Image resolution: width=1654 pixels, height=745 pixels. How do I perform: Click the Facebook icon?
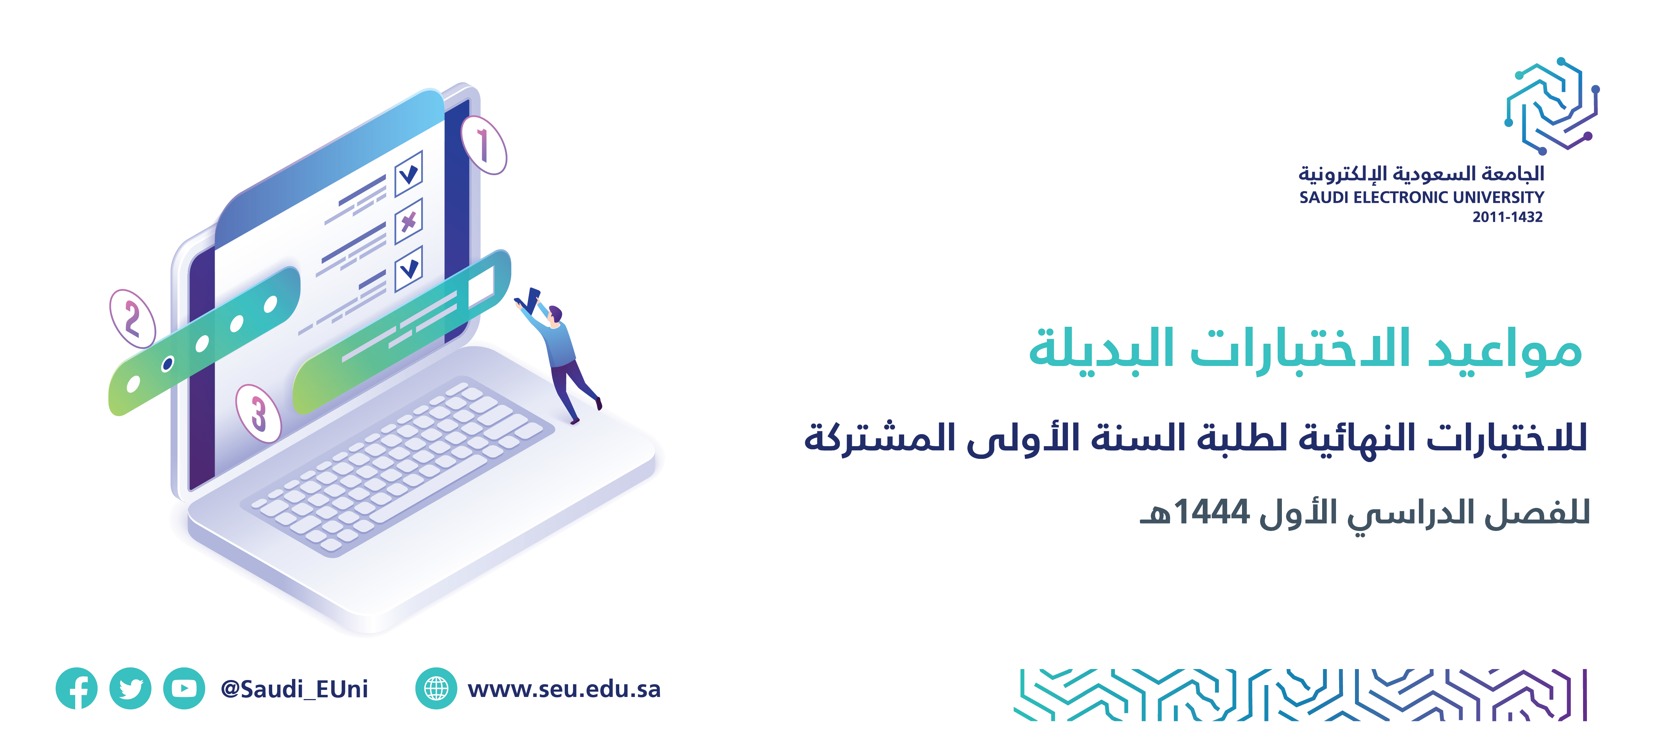click(x=76, y=688)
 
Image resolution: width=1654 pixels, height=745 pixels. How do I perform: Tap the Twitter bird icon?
click(x=130, y=688)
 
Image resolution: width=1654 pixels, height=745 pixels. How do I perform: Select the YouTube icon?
click(x=184, y=688)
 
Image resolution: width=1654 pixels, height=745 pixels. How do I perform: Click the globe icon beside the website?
click(x=436, y=688)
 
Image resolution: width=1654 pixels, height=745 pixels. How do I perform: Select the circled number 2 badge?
click(x=132, y=319)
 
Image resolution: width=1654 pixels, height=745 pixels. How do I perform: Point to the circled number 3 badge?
click(x=258, y=413)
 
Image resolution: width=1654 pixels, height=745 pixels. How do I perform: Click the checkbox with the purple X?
click(x=408, y=221)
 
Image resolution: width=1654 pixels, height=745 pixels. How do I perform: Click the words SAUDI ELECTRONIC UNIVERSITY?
click(x=1422, y=197)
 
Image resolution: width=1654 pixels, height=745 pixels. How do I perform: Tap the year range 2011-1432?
click(x=1507, y=217)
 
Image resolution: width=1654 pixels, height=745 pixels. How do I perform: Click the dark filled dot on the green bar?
click(x=168, y=364)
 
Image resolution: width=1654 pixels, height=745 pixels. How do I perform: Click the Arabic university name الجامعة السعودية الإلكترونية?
click(x=1422, y=173)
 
